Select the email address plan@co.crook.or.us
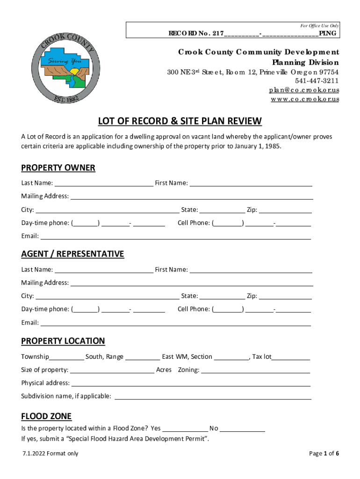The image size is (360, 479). coord(303,90)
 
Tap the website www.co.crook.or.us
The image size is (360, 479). coord(305,99)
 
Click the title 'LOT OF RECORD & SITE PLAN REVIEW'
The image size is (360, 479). coord(180,122)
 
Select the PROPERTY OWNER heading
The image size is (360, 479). coord(58,168)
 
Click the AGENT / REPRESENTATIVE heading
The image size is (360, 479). coord(72,254)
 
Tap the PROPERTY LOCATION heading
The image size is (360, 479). coord(63,341)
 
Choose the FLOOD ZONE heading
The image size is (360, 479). coord(46,416)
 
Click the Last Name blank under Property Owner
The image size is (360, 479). coord(103,183)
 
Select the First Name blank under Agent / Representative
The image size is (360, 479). coord(251,270)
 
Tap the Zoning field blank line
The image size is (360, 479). coord(255,370)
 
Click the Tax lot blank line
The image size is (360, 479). coord(291,357)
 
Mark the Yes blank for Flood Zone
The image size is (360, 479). coord(185,429)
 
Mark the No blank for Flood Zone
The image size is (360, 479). coord(242,429)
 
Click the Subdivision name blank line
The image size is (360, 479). coord(213,397)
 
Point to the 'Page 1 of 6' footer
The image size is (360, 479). coord(324,453)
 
